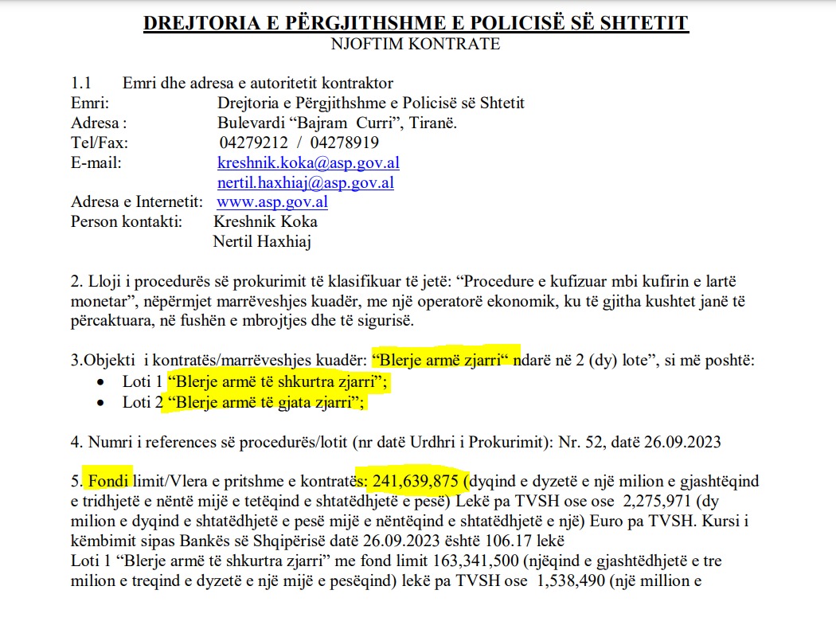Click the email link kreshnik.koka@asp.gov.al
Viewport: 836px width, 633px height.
[x=308, y=163]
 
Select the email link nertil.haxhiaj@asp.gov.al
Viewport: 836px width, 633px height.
[x=305, y=182]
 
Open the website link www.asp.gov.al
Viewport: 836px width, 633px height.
[x=272, y=202]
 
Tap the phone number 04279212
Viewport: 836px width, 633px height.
[x=251, y=143]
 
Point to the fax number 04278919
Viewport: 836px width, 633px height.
[x=345, y=143]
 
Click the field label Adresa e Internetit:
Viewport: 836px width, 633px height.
[x=137, y=202]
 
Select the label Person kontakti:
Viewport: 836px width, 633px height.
[x=127, y=221]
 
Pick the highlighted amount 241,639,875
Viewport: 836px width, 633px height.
[x=414, y=481]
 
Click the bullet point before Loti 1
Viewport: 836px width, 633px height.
[x=100, y=384]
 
